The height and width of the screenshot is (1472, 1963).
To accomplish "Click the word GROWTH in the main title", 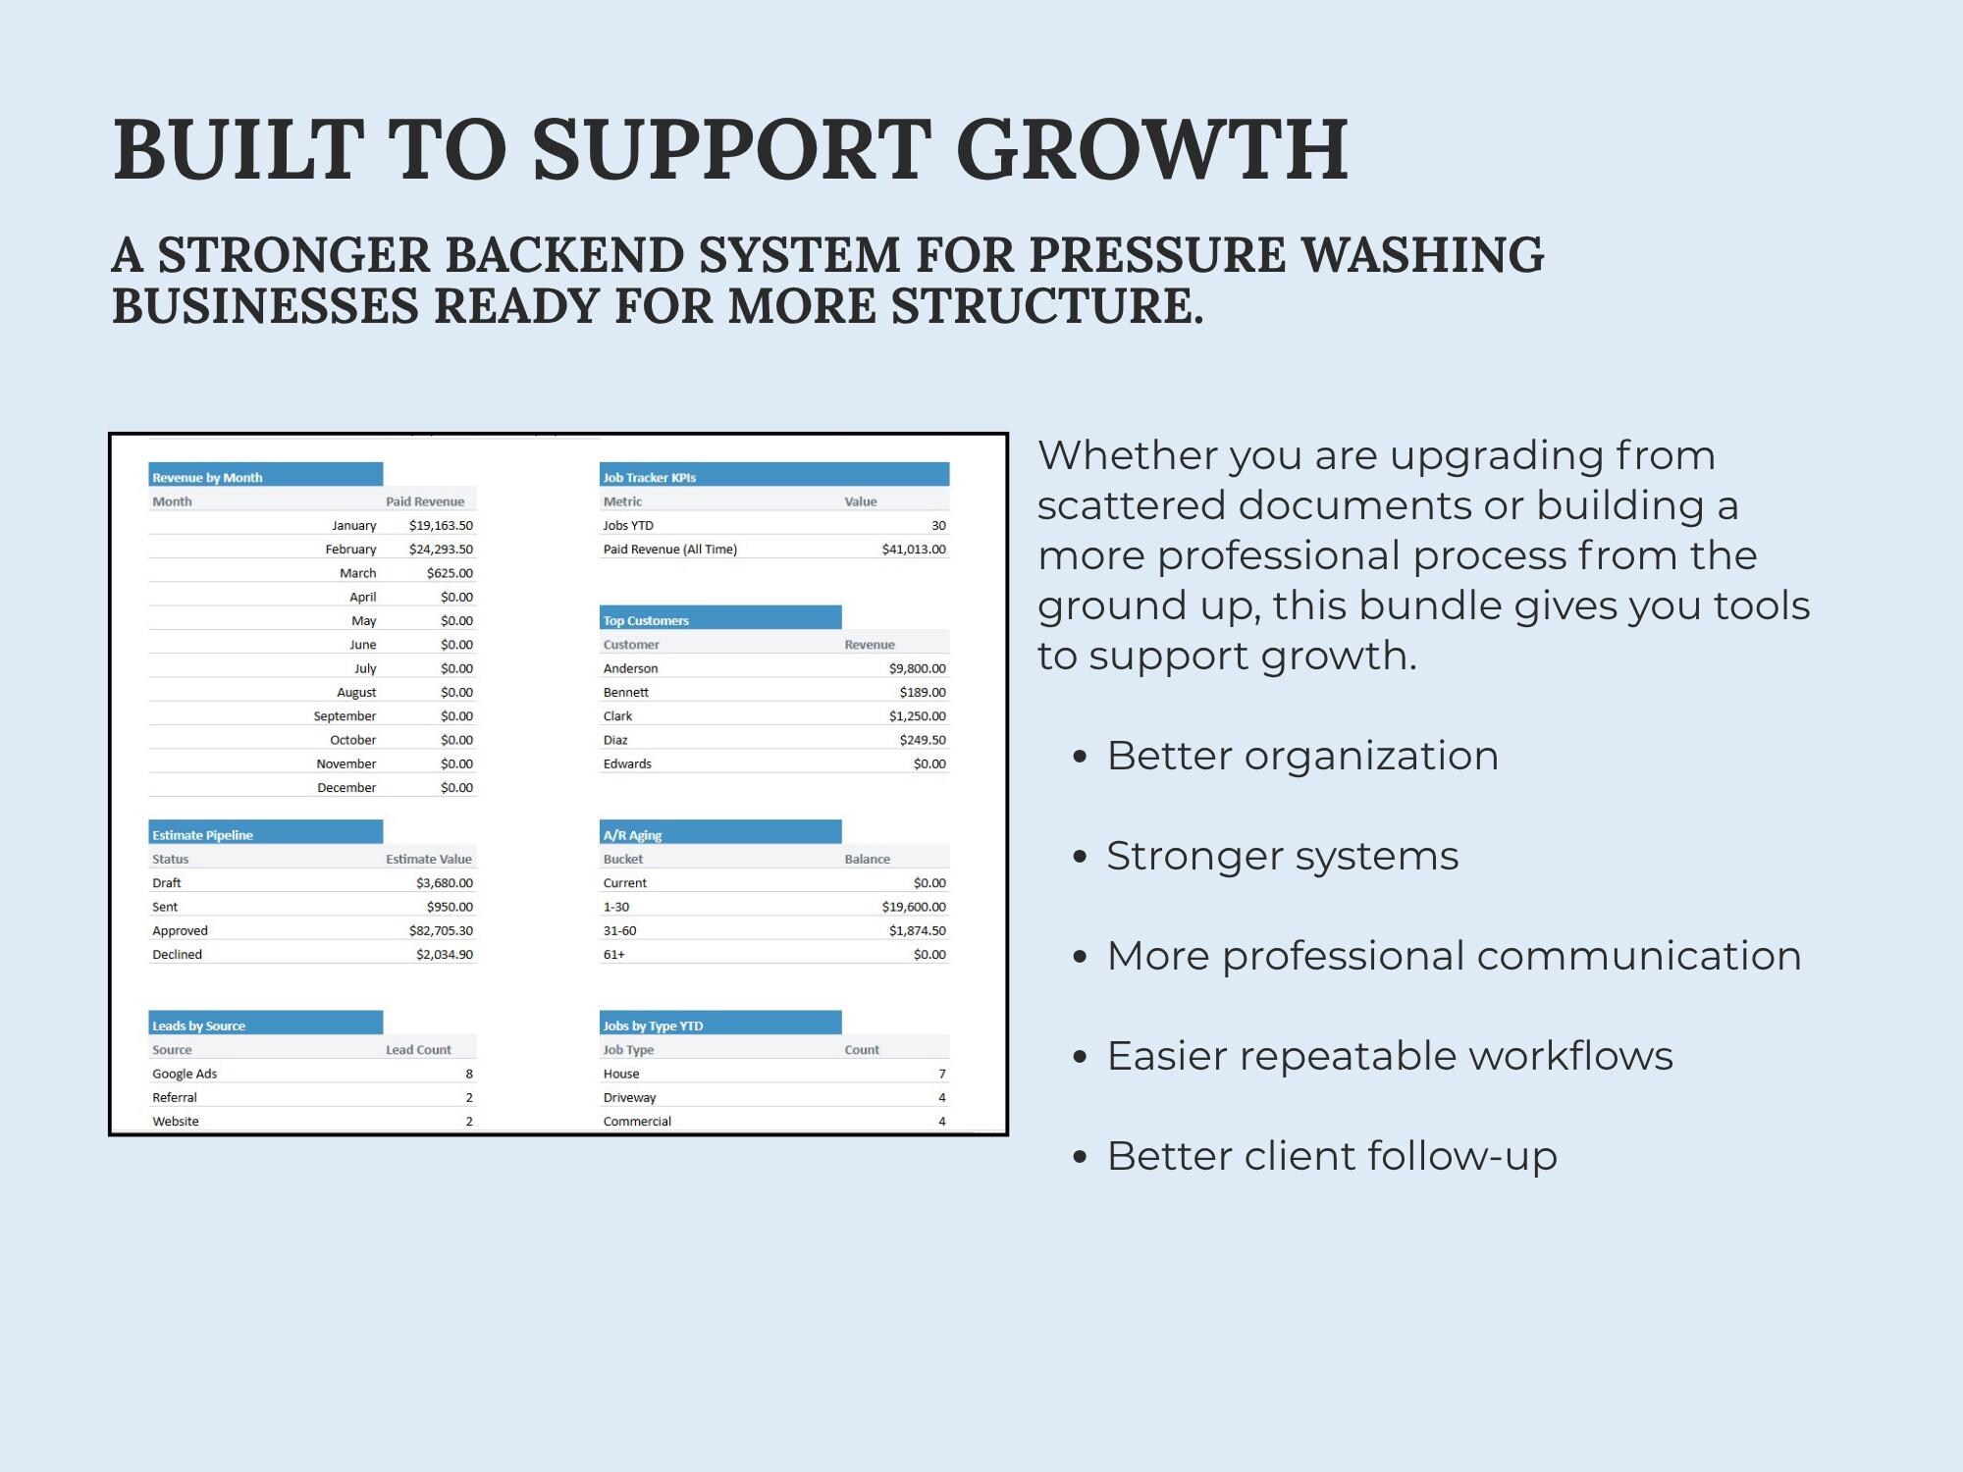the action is point(1152,149).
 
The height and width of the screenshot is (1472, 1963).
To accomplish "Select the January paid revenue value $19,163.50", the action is point(441,525).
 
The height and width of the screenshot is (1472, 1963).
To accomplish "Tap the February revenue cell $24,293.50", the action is point(441,549).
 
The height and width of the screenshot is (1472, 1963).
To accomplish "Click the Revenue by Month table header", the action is point(207,477).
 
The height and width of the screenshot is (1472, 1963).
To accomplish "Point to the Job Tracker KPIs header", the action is point(649,477).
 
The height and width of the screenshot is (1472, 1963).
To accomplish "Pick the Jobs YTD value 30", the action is point(938,525).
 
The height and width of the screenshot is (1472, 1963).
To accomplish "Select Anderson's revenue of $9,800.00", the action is point(917,668).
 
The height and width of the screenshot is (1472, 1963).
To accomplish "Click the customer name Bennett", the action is point(625,692).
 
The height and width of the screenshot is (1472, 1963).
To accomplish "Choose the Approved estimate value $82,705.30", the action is point(441,930).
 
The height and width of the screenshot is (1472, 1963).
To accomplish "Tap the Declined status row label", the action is point(177,954).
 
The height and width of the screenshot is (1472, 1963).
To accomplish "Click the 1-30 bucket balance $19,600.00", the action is point(914,907).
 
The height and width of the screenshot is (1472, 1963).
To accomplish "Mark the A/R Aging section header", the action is point(632,835).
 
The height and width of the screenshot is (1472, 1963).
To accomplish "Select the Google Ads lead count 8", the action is point(469,1074).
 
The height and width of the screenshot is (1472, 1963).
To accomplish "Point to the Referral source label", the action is point(175,1097).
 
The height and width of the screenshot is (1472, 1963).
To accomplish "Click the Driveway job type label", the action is point(629,1097).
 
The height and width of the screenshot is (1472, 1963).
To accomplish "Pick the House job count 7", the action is point(942,1074).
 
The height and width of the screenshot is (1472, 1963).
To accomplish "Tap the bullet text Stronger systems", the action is point(1283,856).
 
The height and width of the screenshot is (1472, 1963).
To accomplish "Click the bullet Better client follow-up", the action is point(1332,1156).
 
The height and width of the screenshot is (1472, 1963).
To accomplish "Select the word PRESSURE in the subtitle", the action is point(1157,255).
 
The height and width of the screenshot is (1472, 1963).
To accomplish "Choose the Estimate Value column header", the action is point(429,859).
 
